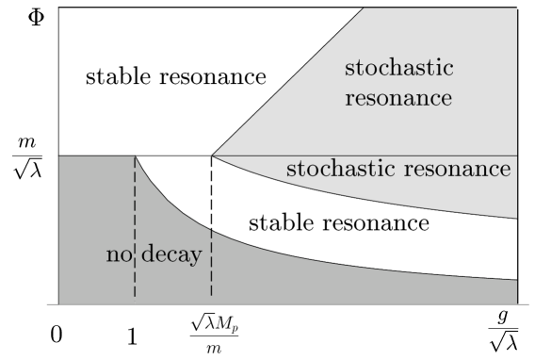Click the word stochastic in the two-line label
399,69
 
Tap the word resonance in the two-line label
399,98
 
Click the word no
117,255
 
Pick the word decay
171,255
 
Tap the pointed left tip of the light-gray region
216,155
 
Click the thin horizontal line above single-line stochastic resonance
377,155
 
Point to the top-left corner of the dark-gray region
59,156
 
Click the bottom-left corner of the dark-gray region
59,303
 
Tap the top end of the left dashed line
135,157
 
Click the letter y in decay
196,257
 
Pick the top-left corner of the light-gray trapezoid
365,9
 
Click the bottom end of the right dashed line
211,296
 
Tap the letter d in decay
149,254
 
